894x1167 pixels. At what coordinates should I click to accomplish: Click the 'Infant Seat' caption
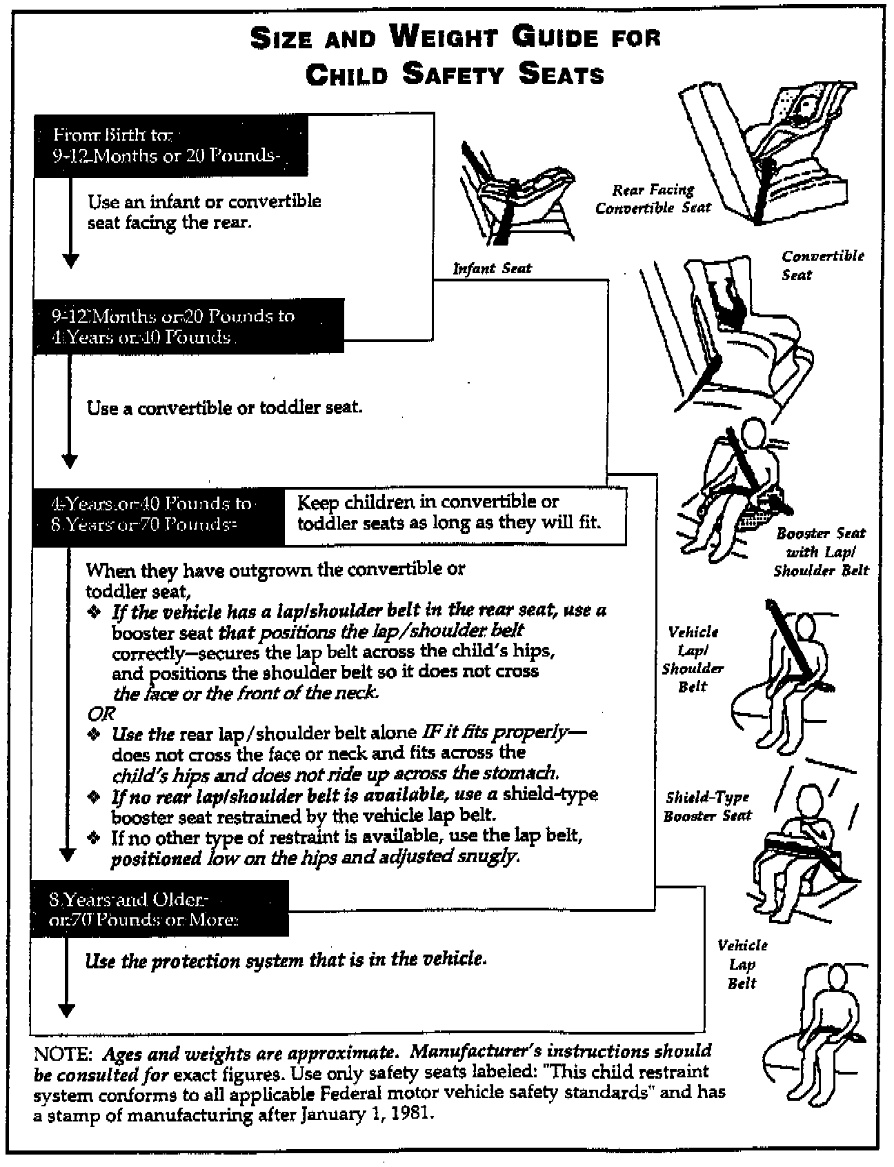point(492,268)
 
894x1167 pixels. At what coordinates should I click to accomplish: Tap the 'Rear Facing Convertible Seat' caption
point(653,199)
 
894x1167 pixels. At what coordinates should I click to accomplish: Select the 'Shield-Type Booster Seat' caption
point(707,806)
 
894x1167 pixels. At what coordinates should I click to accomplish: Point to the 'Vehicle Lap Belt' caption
point(742,964)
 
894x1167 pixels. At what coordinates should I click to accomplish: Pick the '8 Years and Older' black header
point(159,908)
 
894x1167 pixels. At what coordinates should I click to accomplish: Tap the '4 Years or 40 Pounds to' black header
point(158,513)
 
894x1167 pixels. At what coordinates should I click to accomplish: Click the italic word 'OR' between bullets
point(101,713)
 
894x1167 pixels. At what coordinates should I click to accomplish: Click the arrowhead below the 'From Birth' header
point(70,261)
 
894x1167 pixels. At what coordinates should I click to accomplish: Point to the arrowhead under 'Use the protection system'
point(66,1010)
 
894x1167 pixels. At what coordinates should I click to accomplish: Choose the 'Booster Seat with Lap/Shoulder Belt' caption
point(820,552)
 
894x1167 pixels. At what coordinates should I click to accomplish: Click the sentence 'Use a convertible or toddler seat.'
point(224,408)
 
